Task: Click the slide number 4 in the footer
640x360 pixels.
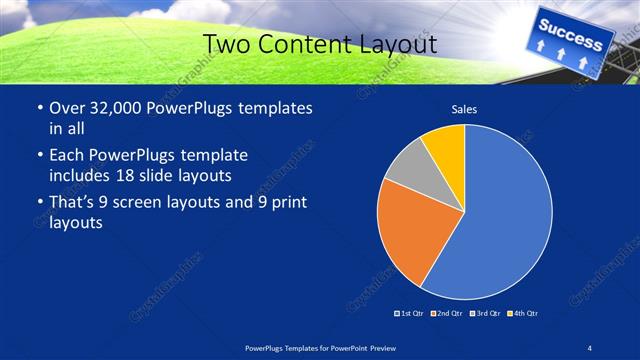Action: [590, 346]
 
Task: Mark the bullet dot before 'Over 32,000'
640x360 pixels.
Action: [38, 109]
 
